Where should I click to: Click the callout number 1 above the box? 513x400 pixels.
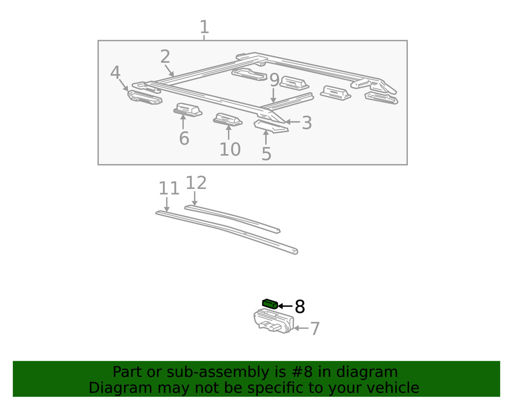pos(204,27)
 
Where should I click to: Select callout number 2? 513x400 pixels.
pos(165,57)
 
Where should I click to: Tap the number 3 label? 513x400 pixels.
pos(306,123)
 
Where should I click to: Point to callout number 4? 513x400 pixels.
pos(115,73)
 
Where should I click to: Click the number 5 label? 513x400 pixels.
pos(266,153)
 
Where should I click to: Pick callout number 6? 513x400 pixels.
pos(184,138)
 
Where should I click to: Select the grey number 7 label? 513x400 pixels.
pos(314,329)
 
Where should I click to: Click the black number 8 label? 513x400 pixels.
pos(300,307)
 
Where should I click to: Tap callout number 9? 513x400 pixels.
pos(274,81)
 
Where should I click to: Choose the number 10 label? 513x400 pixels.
pos(230,150)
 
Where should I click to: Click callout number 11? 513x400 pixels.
pos(169,188)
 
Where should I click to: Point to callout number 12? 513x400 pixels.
pos(195,183)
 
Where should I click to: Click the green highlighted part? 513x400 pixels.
pos(270,304)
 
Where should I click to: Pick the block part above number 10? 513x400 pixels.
pos(228,119)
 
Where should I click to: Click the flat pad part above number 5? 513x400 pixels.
pos(271,127)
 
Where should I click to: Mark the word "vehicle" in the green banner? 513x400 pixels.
pos(390,388)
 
